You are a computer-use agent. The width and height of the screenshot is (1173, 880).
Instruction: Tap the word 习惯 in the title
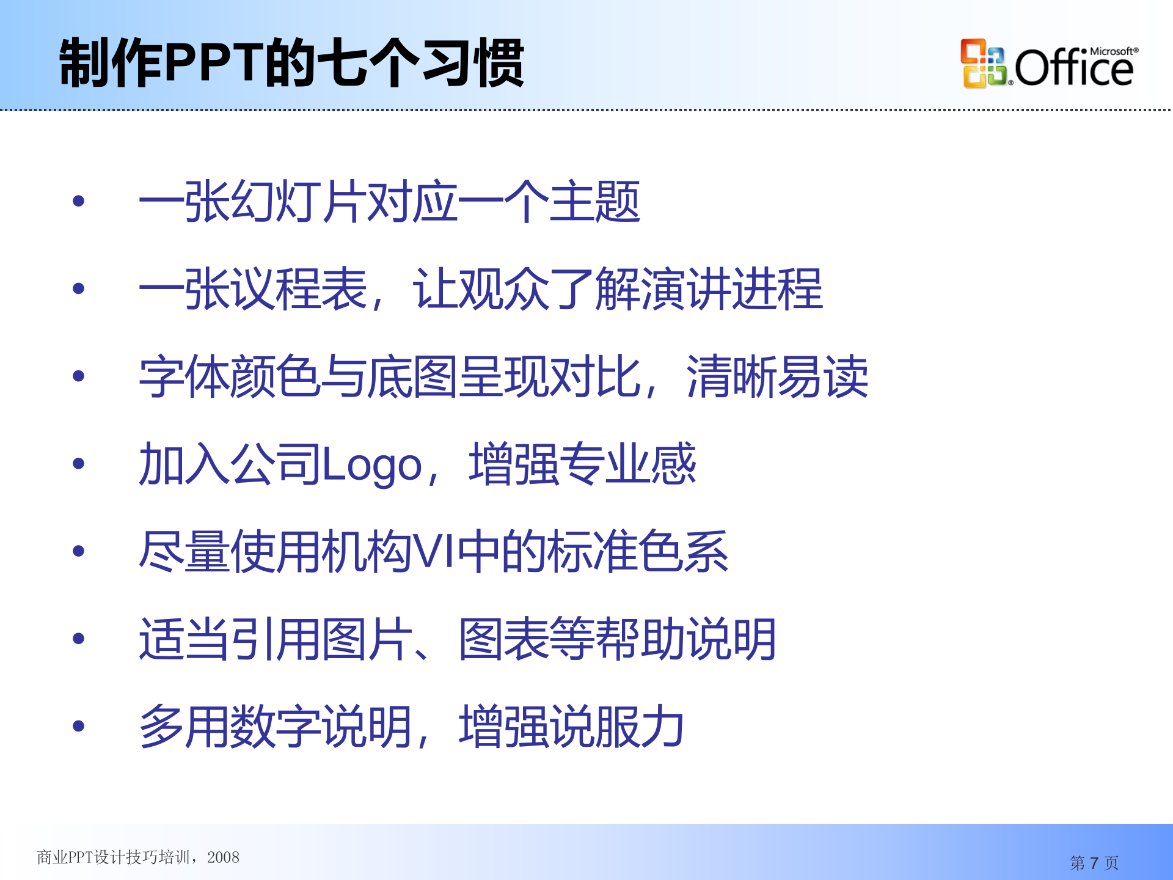[x=473, y=63]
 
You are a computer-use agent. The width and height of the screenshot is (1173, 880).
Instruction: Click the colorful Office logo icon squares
[x=983, y=64]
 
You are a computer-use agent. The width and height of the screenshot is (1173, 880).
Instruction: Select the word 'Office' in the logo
[x=1073, y=68]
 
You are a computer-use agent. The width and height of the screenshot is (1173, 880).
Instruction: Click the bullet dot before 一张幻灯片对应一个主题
[x=78, y=201]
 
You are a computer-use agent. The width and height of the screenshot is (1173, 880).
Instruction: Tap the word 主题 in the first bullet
[x=594, y=202]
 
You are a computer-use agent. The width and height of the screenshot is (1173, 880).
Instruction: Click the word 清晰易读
[x=777, y=376]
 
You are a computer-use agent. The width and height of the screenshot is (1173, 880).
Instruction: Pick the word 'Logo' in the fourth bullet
[x=372, y=465]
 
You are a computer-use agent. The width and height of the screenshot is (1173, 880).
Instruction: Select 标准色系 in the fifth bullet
[x=638, y=552]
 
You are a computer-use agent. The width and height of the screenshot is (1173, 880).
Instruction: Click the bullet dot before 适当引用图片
[x=78, y=639]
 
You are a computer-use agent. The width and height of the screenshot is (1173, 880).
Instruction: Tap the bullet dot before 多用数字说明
[x=78, y=727]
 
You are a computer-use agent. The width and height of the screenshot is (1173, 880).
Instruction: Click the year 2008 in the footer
[x=223, y=857]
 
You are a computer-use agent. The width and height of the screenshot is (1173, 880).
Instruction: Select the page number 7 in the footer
[x=1094, y=863]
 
